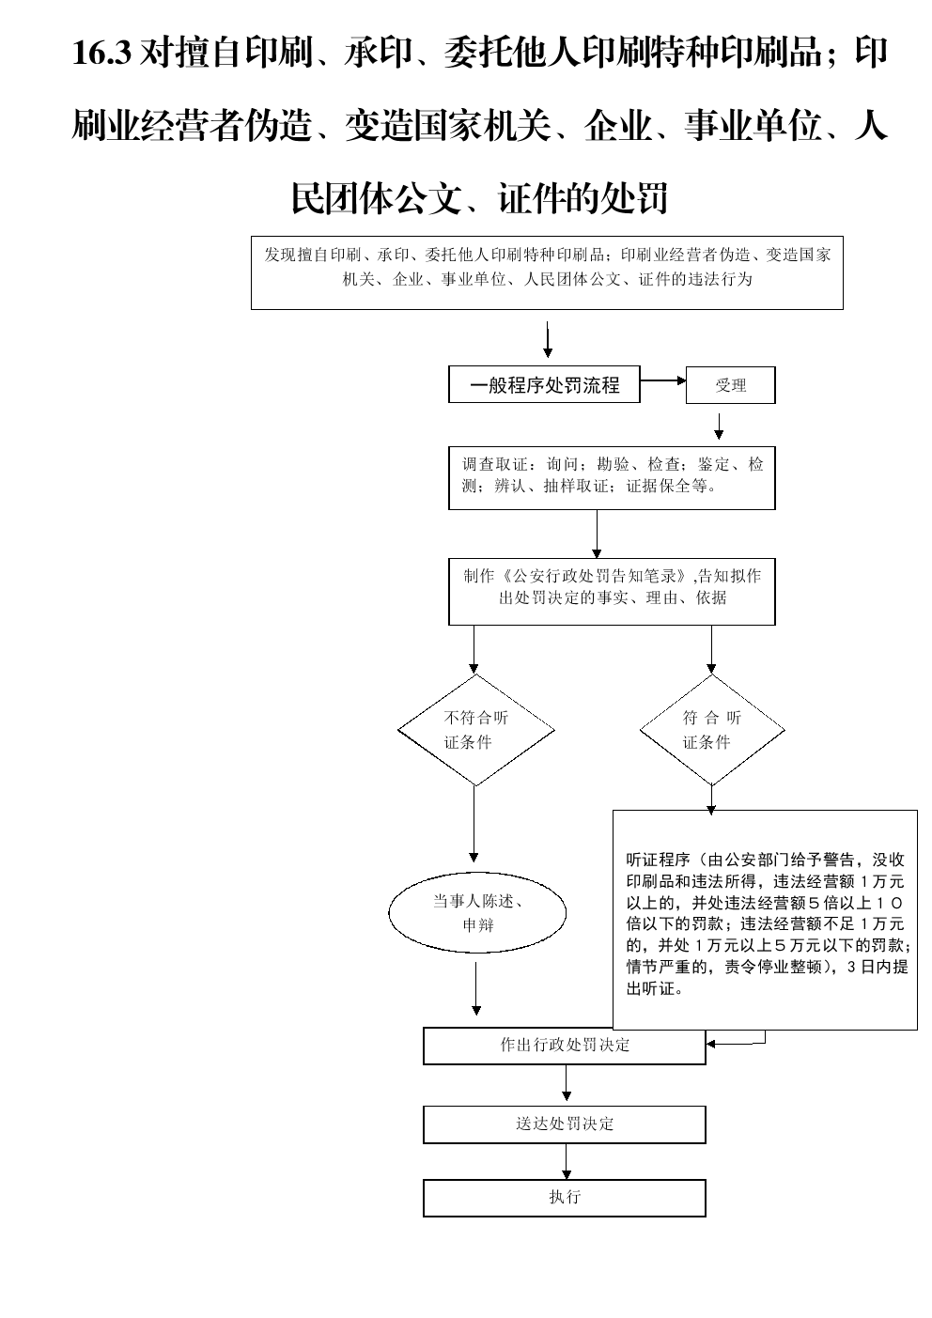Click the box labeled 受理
pyautogui.click(x=730, y=385)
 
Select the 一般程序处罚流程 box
pyautogui.click(x=544, y=385)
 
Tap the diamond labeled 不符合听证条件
pyautogui.click(x=476, y=730)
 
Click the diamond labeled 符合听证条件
pyautogui.click(x=712, y=730)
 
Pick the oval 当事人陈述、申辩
pyautogui.click(x=477, y=912)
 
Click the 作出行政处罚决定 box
pyautogui.click(x=565, y=1046)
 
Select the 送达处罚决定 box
pyautogui.click(x=565, y=1124)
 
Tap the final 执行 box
pyautogui.click(x=565, y=1198)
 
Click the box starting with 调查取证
pyautogui.click(x=612, y=478)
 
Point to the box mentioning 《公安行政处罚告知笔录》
pyautogui.click(x=612, y=591)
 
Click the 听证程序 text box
pyautogui.click(x=765, y=920)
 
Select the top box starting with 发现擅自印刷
pyautogui.click(x=547, y=272)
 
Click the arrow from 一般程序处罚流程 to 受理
pyautogui.click(x=663, y=380)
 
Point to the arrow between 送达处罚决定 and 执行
pyautogui.click(x=566, y=1161)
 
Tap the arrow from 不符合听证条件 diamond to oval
pyautogui.click(x=474, y=824)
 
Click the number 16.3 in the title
pyautogui.click(x=101, y=53)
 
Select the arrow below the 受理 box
pyautogui.click(x=719, y=426)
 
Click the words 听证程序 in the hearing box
pyautogui.click(x=658, y=860)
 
